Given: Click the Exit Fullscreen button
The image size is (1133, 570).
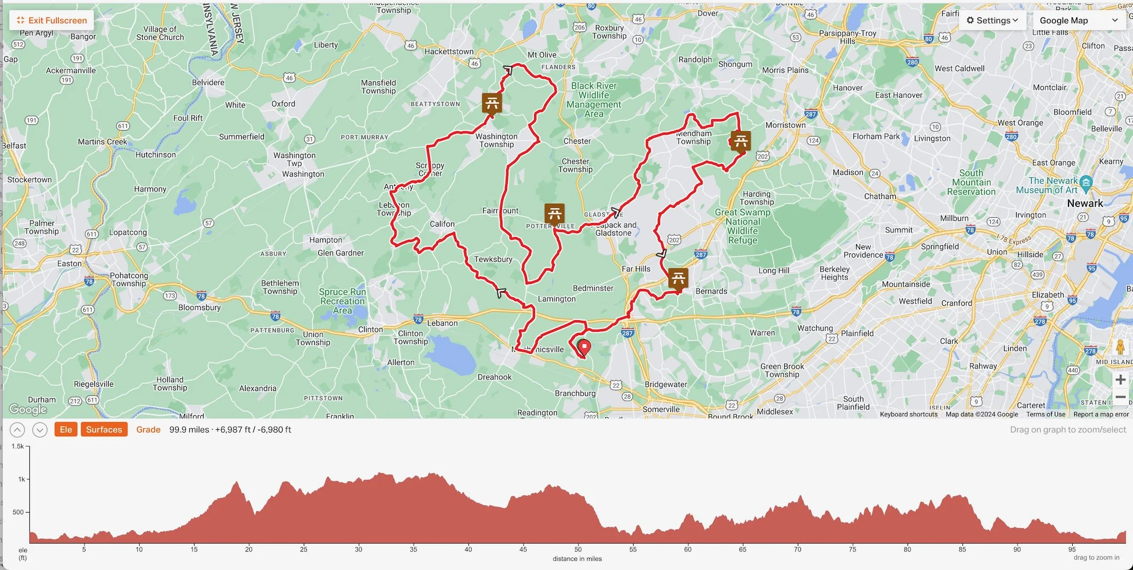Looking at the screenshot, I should coord(52,20).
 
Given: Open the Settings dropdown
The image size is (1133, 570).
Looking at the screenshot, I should coord(992,20).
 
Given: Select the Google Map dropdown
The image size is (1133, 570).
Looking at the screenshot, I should coord(1079,20).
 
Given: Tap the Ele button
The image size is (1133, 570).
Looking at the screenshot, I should coord(66,429).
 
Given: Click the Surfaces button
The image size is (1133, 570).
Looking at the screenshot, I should coord(104,429).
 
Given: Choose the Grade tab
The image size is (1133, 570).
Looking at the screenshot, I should coord(148,429).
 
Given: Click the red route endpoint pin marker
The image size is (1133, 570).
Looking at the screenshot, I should coord(584,347).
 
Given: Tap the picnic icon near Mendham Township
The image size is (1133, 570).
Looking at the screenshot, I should coord(741,141).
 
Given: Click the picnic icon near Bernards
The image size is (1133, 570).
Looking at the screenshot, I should coord(678,278).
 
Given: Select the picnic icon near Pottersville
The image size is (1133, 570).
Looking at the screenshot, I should coord(554,214).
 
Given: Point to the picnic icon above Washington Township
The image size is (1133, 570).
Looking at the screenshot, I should coord(492,103).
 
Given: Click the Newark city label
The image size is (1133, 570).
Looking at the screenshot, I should coord(1085,204).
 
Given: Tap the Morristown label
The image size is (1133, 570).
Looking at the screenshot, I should coord(785,125).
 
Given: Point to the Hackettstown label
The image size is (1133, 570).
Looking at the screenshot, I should coord(448,51).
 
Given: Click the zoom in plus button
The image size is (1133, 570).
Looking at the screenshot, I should coord(1120,379).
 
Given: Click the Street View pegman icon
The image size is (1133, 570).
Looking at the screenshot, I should coord(1120,347).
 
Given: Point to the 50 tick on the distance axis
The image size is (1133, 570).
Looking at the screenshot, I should coord(578,549).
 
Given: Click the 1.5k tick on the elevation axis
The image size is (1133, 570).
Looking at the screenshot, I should coord(18,446).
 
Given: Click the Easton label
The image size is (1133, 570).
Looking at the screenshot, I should coord(69,263).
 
